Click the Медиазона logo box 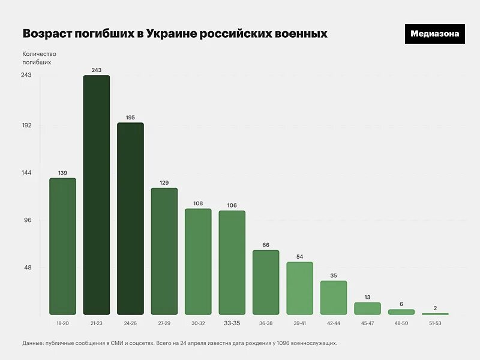click(435, 34)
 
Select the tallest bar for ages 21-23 click(97, 195)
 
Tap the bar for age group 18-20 click(62, 246)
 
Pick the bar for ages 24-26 click(130, 219)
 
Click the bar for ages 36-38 click(266, 282)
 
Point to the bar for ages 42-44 click(334, 298)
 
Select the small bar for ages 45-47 click(367, 308)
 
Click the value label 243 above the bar click(97, 70)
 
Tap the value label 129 click(164, 182)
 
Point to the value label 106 click(232, 205)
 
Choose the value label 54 click(300, 257)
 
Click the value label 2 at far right click(435, 308)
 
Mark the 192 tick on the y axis click(26, 125)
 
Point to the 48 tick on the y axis click(28, 268)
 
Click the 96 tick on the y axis click(28, 220)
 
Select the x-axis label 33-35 click(232, 323)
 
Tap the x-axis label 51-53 click(435, 323)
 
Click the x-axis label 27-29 click(164, 323)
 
